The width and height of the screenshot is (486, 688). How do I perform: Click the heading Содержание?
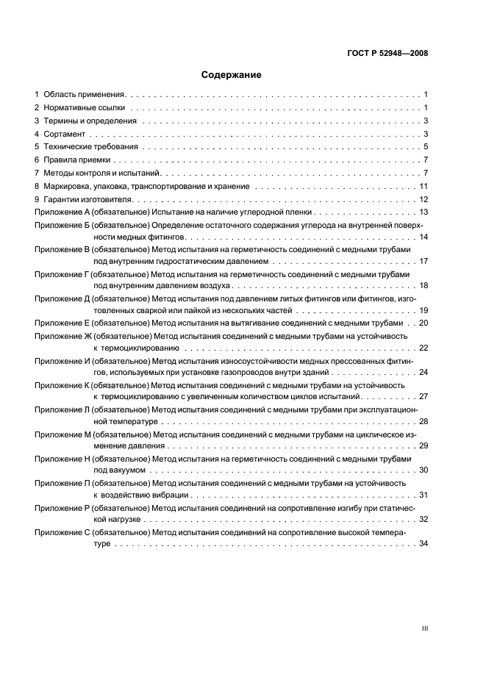[232, 75]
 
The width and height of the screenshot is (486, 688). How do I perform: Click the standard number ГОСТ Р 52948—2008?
[387, 53]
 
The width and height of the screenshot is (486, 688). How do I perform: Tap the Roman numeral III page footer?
[424, 628]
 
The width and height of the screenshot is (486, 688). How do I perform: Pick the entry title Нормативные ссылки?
[83, 108]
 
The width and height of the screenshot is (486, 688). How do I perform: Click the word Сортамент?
[65, 135]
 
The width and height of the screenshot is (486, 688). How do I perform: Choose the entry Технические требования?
[90, 147]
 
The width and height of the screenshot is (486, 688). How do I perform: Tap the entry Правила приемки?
[77, 160]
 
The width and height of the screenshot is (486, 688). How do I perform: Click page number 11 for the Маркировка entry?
[424, 187]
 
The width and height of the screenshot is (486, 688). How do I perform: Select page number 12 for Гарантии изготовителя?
[424, 200]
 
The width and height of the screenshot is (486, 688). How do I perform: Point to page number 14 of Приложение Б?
[424, 237]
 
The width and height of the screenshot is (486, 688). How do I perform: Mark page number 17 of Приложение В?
[424, 261]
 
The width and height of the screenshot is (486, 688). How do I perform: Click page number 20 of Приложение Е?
[424, 323]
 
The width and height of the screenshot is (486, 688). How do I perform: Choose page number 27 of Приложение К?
[424, 396]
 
